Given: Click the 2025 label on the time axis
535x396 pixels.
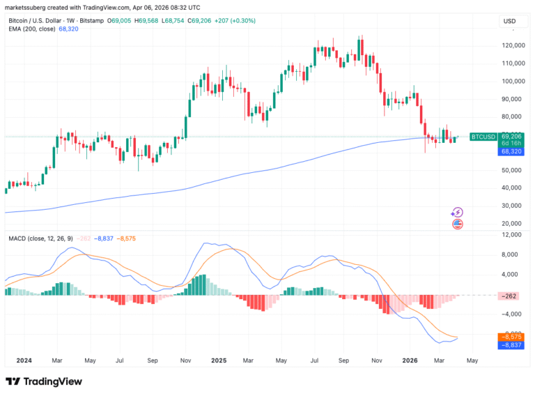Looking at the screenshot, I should click(x=219, y=360).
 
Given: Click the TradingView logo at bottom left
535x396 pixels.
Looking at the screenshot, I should click(x=44, y=381).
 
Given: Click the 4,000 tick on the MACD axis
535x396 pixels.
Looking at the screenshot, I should click(x=511, y=275).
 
